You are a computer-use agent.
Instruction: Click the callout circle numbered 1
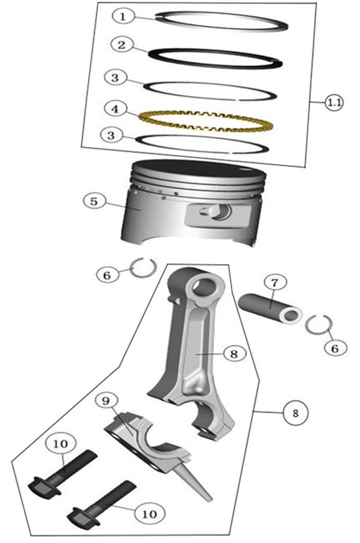pos(122,17)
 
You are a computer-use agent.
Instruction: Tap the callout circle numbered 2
pos(122,45)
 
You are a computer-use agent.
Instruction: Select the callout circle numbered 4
pos(115,109)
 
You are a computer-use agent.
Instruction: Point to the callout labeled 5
pos(94,202)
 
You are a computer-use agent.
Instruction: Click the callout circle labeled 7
pos(275,283)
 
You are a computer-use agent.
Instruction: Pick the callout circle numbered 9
pos(106,401)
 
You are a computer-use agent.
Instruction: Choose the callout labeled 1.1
pos(335,103)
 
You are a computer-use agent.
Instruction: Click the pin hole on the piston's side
pos(218,211)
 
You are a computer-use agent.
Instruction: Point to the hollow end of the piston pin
pos(291,315)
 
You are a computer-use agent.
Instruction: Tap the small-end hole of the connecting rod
pos(205,286)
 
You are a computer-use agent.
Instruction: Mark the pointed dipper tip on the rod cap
pos(208,498)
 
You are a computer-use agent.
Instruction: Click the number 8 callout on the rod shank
pos(235,353)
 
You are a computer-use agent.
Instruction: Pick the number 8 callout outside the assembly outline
pos(295,413)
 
